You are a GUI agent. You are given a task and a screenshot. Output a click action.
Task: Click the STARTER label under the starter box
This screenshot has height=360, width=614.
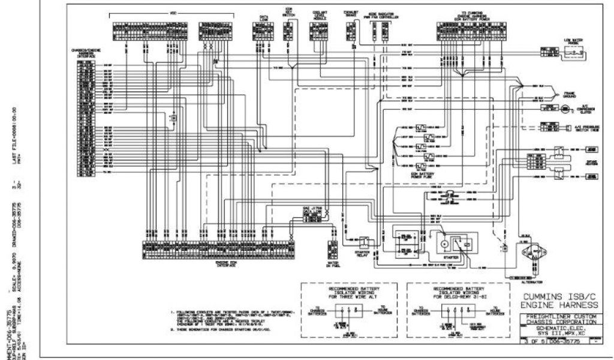452,257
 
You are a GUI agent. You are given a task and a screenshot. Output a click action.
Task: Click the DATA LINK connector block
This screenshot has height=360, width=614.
263,31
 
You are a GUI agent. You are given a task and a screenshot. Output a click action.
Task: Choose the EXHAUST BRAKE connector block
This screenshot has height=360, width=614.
351,32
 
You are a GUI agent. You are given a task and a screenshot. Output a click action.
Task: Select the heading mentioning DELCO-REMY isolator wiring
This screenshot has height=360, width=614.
451,295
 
